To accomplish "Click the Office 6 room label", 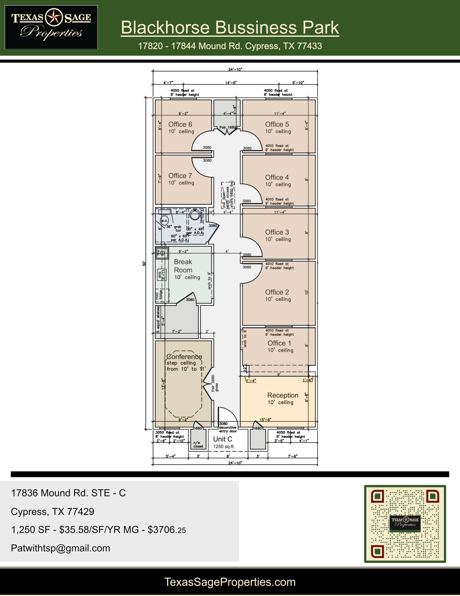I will [180, 124].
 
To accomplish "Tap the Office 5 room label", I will [277, 124].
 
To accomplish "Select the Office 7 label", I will [180, 176].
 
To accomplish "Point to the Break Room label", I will [183, 266].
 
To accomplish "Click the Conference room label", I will [184, 357].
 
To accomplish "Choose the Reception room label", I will [283, 395].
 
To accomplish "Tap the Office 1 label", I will [279, 343].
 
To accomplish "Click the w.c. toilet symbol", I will [164, 221].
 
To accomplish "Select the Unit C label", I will [223, 439].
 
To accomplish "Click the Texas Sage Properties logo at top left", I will [51, 27].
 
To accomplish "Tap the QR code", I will [405, 524].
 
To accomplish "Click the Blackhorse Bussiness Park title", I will [230, 28].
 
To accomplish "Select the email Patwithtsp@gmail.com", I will [60, 548].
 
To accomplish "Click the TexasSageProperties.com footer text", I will [230, 582].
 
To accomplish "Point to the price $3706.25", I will [167, 530].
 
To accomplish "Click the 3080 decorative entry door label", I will [228, 428].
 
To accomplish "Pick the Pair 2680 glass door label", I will [215, 383].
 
